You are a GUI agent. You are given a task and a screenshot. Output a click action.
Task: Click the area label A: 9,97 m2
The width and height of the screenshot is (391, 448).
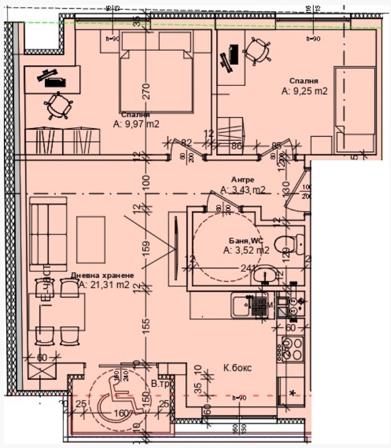pos(136,124)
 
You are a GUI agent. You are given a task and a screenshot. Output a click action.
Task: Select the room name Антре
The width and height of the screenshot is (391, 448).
pos(243,180)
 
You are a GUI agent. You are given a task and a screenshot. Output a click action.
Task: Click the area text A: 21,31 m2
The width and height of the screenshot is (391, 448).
pos(104,285)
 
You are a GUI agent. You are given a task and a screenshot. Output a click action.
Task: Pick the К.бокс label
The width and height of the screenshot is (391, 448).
pos(237,368)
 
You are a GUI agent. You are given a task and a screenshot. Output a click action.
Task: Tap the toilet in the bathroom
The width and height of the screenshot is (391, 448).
pos(290,243)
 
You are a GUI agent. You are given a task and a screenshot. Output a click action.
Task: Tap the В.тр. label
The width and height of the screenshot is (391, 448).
pos(161,384)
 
